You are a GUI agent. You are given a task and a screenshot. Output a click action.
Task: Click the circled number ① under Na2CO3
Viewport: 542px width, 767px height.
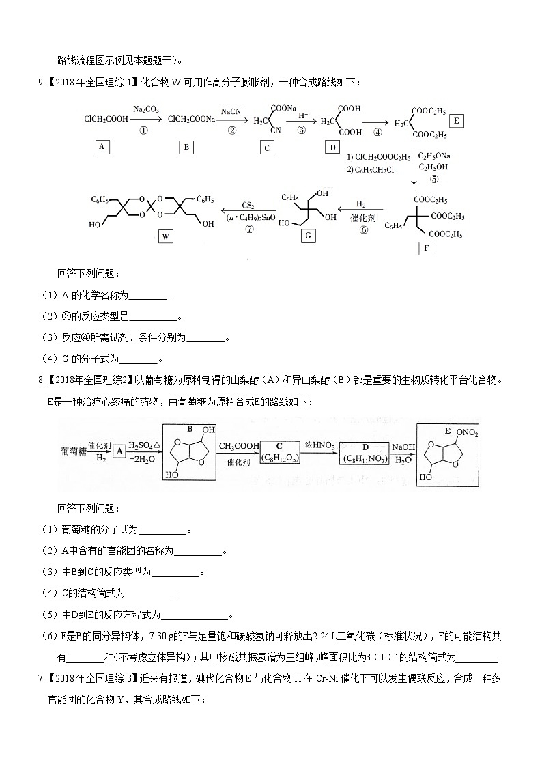coord(143,131)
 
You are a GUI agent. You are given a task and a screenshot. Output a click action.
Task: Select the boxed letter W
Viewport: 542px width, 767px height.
coord(165,237)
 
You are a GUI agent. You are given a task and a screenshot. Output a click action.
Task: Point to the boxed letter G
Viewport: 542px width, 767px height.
coord(308,236)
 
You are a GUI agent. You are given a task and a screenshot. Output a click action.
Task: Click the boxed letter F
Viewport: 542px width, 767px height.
coord(426,248)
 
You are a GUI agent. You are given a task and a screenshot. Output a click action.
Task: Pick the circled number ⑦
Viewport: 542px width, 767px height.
coord(248,230)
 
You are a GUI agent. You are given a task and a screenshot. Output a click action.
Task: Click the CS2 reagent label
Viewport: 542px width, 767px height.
coord(248,204)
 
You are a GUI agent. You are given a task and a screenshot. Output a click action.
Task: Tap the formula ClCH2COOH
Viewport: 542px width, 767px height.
coord(106,120)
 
